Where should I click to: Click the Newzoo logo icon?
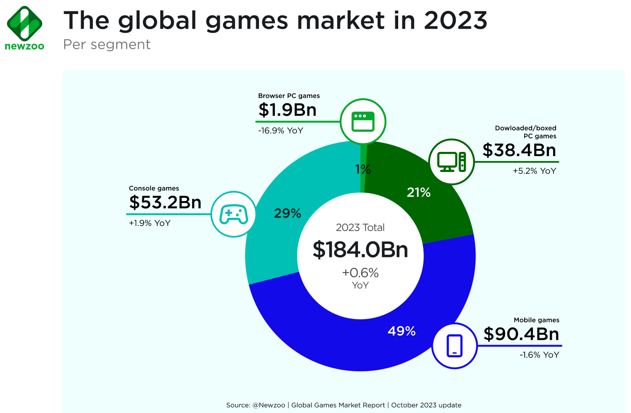(x=25, y=23)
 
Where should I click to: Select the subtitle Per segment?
(x=107, y=45)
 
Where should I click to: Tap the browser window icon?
(x=364, y=121)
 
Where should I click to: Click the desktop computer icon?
(x=452, y=161)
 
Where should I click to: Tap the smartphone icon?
(x=454, y=346)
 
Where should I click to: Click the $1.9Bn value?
(x=287, y=110)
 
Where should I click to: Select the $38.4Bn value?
(x=519, y=150)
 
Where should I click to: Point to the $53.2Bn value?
(x=165, y=203)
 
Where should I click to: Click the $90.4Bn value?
(x=521, y=335)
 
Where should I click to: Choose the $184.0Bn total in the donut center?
(x=360, y=250)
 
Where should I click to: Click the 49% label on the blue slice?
(x=401, y=331)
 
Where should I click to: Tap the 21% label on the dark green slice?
(x=418, y=192)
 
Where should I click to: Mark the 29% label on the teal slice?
(x=287, y=214)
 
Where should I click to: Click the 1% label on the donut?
(x=363, y=170)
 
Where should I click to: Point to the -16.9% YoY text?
(x=281, y=130)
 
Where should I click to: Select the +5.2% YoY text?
(x=534, y=171)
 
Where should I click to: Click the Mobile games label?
(x=536, y=320)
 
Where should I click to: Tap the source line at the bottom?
(x=344, y=405)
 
